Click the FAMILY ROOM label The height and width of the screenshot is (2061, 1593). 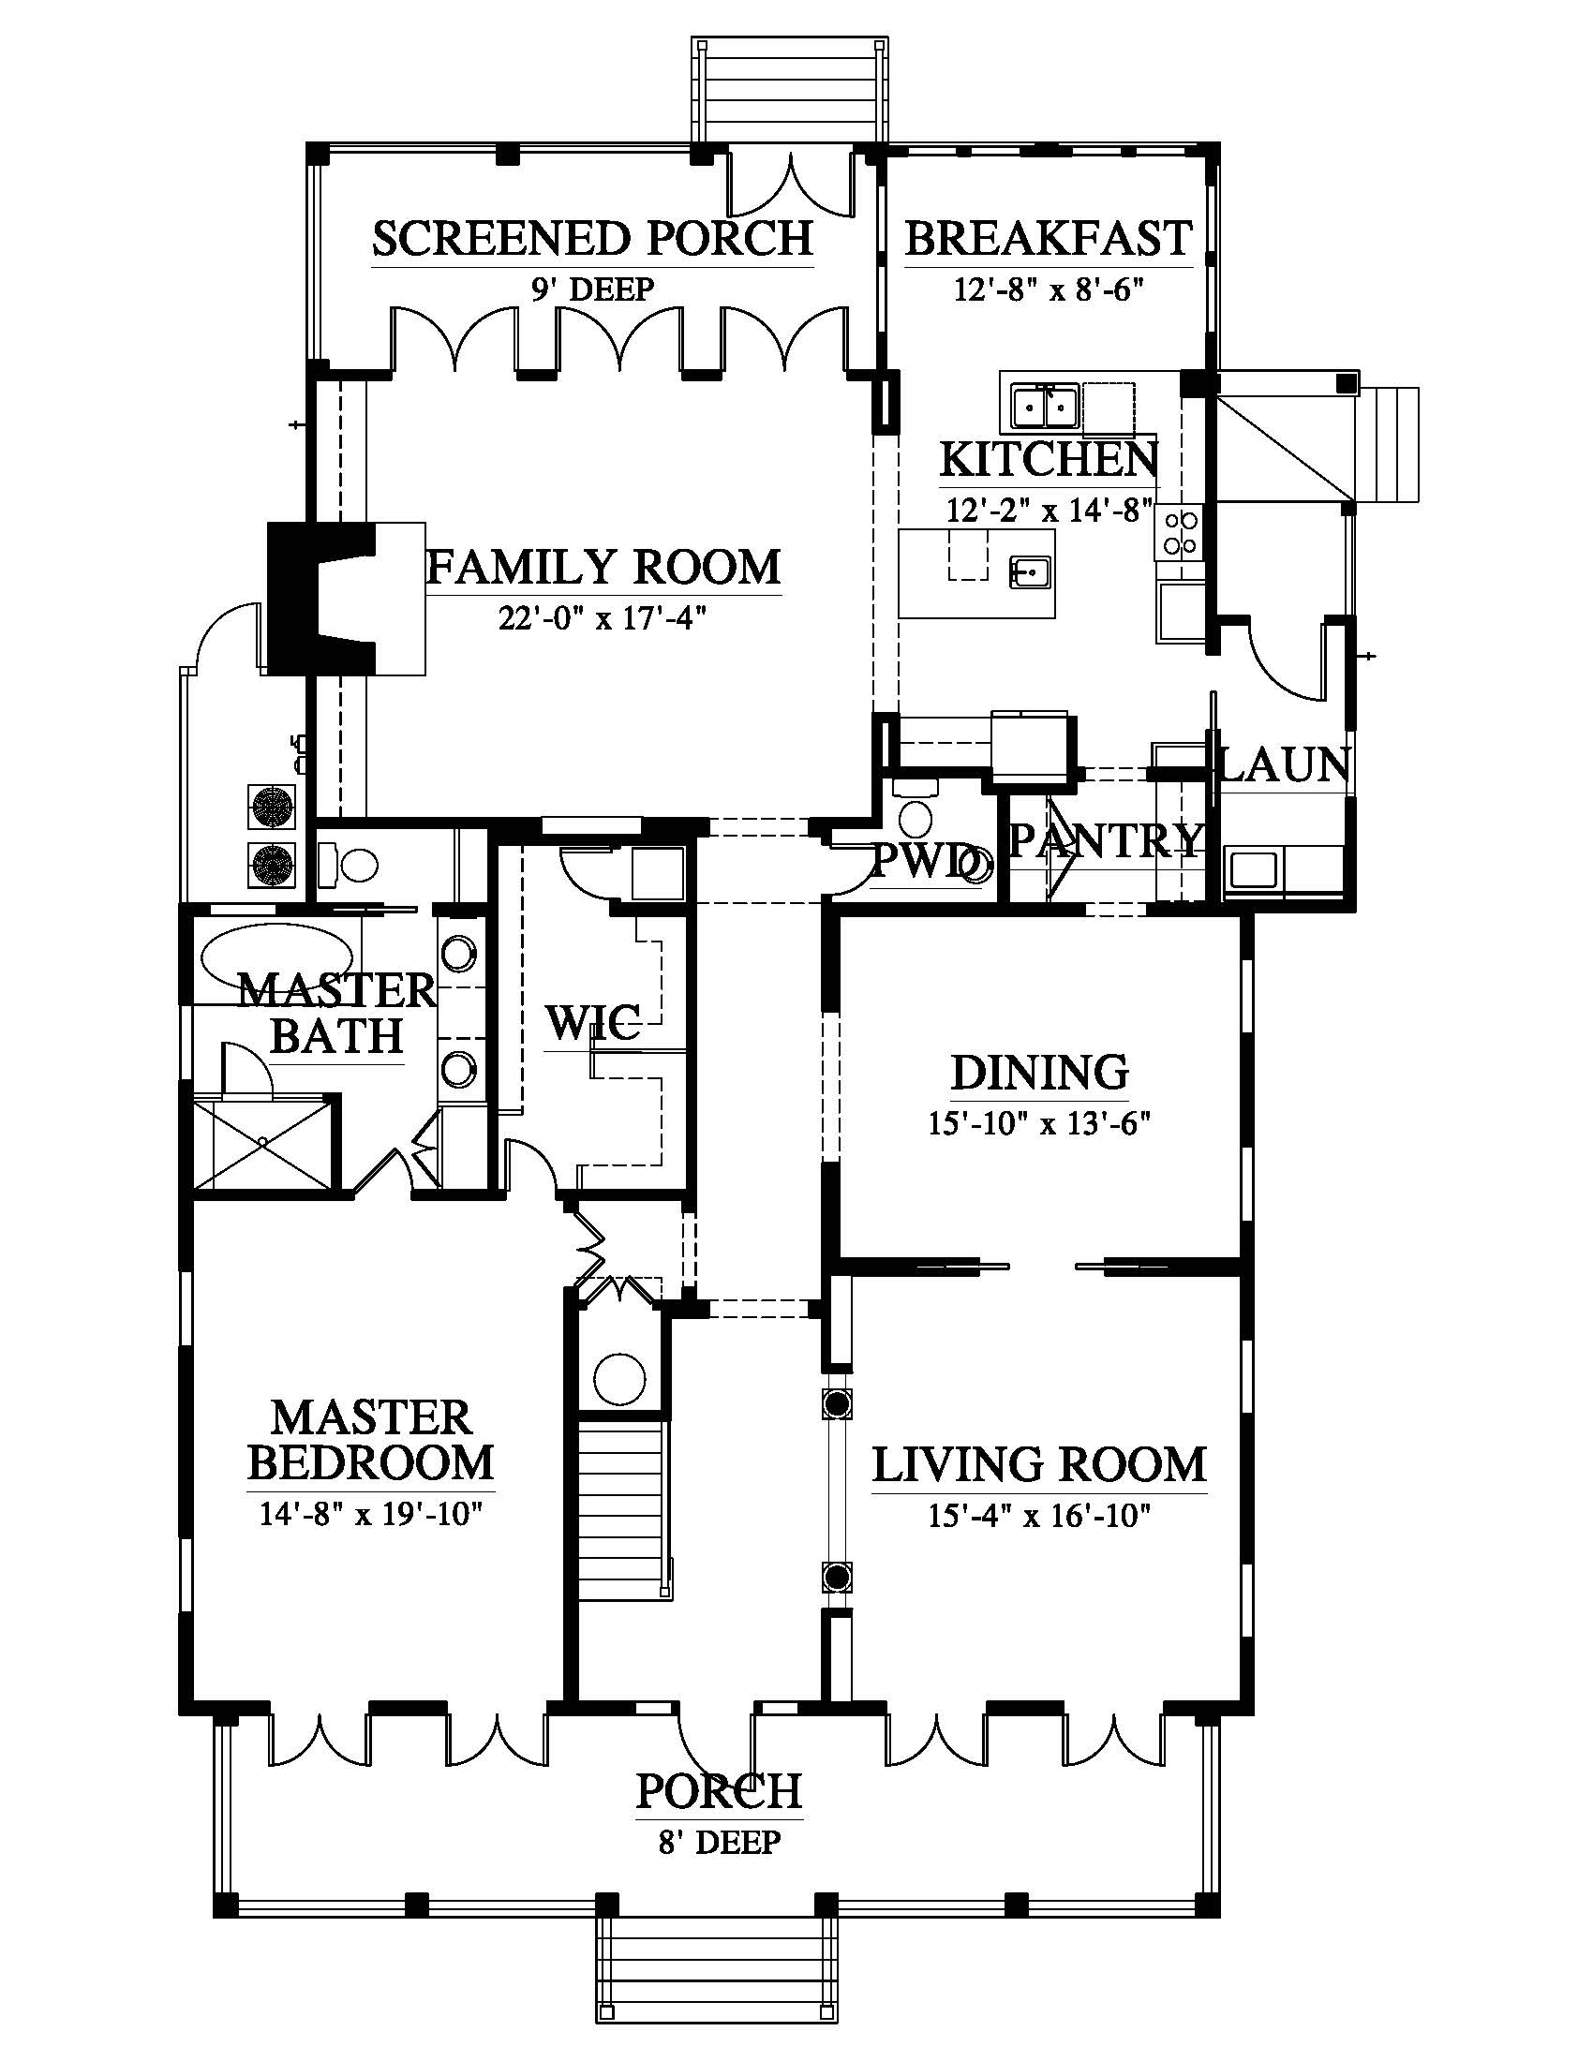[x=604, y=567]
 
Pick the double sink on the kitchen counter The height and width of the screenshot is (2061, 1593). [x=1045, y=407]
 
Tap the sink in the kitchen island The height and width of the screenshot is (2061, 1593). [x=1031, y=571]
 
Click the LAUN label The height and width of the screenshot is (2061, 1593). [x=1284, y=764]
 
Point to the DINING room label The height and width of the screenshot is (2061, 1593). [x=1039, y=1073]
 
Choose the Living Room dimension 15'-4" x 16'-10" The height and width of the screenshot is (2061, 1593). [x=1039, y=1517]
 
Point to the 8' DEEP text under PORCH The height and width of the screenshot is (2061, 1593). [x=719, y=1841]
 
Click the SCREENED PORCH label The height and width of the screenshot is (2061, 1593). [x=592, y=238]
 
